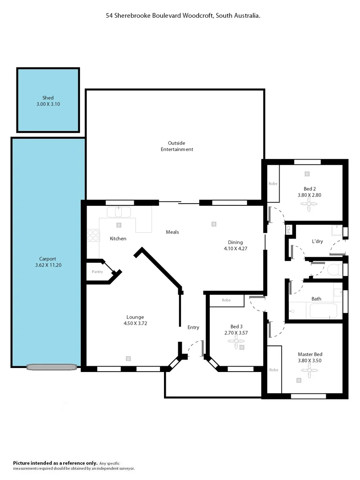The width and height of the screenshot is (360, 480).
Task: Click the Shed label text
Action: [x=48, y=98]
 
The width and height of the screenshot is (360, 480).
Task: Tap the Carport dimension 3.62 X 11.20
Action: [x=48, y=265]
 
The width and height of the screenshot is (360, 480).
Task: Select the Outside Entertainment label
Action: [x=176, y=146]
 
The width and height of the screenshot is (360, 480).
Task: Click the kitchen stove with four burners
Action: [x=93, y=235]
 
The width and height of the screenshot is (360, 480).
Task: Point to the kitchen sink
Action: [x=118, y=212]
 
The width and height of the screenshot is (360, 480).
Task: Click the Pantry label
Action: [x=97, y=272]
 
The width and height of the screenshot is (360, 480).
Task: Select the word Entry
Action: [x=193, y=328]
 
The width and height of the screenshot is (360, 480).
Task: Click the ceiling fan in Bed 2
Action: [x=309, y=204]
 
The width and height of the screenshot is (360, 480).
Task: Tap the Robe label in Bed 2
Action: [x=272, y=184]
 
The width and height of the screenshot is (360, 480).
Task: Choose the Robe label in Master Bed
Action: [x=274, y=370]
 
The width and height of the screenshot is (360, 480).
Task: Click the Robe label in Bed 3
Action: [x=226, y=300]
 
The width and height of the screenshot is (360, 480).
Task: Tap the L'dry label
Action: [x=317, y=241]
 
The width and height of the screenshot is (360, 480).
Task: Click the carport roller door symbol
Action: [x=52, y=367]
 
